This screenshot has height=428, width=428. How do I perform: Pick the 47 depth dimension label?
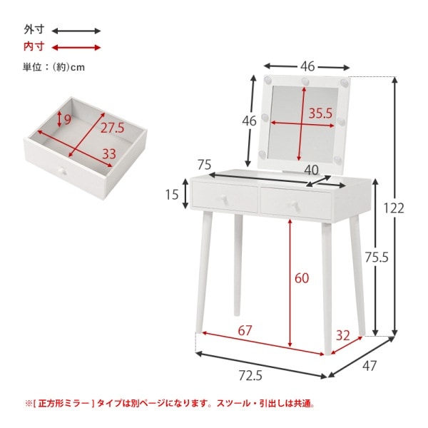point(369,368)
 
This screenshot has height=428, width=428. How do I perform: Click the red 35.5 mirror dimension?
point(320,113)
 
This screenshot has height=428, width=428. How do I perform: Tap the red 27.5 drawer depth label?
point(111,128)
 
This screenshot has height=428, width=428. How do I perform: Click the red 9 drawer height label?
point(67,119)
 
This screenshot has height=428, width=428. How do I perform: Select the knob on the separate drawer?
point(59,172)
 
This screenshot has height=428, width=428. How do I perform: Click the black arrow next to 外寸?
point(77,31)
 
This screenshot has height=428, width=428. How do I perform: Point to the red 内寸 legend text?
point(34,47)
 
